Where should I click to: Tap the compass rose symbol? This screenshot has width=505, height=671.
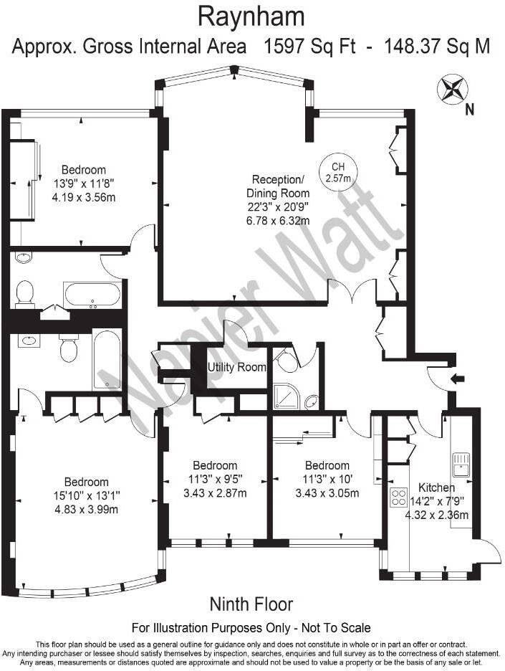point(450,90)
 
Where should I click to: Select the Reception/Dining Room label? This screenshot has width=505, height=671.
point(279,186)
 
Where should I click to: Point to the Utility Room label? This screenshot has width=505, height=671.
point(236,368)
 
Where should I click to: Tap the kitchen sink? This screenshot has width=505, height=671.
point(461,463)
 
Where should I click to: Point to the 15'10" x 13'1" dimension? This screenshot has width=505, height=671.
point(86,495)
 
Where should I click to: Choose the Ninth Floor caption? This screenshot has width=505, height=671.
point(251,604)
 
